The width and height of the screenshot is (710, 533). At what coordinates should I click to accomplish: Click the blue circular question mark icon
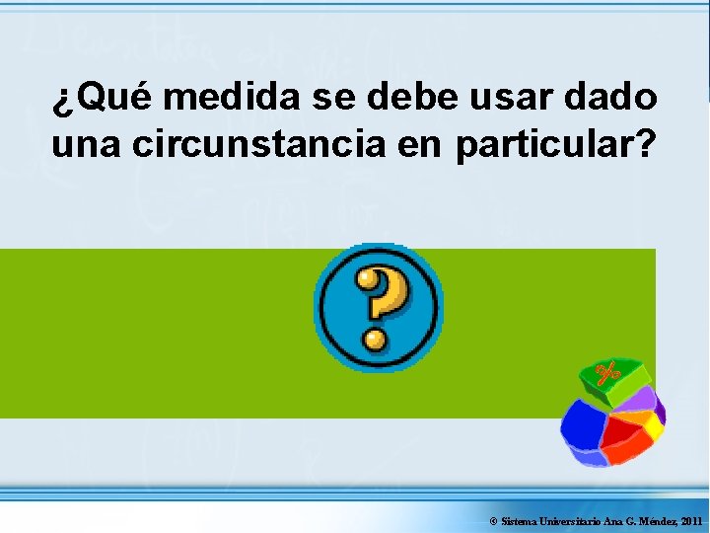(378, 307)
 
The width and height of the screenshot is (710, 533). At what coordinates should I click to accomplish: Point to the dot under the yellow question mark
(375, 341)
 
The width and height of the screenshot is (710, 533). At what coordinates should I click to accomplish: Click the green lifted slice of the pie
(614, 377)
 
